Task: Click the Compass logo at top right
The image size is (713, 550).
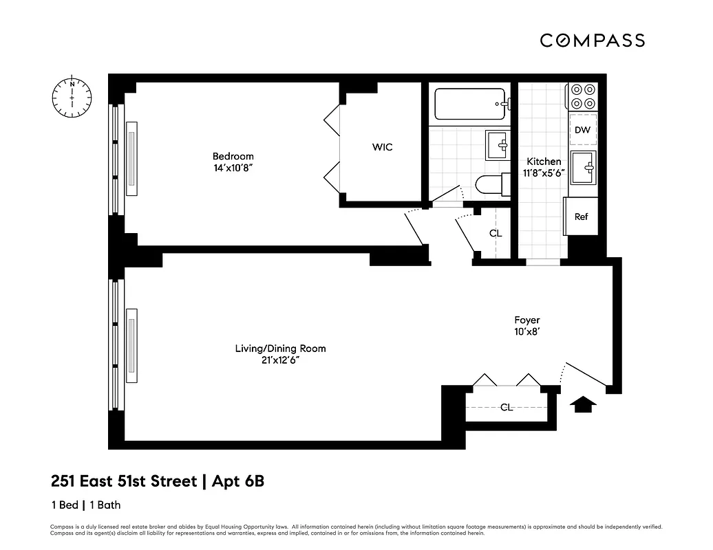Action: tap(592, 41)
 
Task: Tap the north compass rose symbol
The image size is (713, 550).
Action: tap(72, 97)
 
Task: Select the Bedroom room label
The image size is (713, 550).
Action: tap(233, 156)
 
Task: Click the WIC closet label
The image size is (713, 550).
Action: tap(383, 147)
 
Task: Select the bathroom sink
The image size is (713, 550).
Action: tap(497, 145)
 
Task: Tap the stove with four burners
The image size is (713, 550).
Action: tap(582, 96)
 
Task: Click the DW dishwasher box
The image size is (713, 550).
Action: tap(582, 130)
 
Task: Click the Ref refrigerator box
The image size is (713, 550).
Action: tap(582, 217)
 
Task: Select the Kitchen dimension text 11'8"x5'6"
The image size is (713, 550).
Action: tap(543, 173)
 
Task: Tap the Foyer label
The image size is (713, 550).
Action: tap(527, 320)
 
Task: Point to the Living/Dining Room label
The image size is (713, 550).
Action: tap(280, 349)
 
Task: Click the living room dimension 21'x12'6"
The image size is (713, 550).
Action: tap(280, 360)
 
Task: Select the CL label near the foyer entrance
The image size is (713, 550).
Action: tap(507, 407)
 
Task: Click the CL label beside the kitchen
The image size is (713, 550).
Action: tap(496, 233)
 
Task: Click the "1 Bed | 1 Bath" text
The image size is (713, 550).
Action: tap(85, 505)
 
